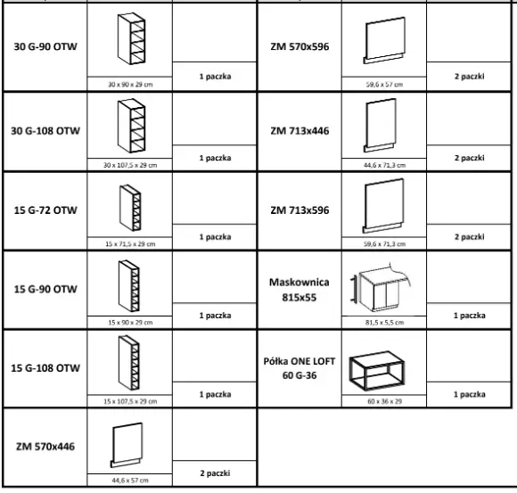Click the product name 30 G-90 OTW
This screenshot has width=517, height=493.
(x=45, y=46)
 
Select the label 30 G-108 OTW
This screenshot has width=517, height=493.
(x=45, y=131)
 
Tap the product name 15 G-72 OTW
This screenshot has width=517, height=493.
(x=45, y=210)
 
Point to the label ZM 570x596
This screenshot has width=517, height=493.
(x=300, y=46)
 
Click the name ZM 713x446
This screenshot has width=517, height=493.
(x=300, y=131)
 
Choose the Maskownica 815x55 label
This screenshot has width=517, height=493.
(x=300, y=290)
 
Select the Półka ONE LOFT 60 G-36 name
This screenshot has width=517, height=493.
(x=300, y=368)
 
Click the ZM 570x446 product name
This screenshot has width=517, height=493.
(x=45, y=447)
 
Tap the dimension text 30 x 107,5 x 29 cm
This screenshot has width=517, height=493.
(x=130, y=165)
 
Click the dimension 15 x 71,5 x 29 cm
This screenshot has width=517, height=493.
(x=130, y=244)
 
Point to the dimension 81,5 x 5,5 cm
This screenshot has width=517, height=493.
(x=384, y=322)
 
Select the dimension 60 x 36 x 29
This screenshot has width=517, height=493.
(x=384, y=401)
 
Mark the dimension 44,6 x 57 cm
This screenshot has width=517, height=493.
(x=130, y=481)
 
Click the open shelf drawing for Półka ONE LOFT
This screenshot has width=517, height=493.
(x=376, y=372)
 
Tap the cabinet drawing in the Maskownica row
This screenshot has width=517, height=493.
(x=381, y=287)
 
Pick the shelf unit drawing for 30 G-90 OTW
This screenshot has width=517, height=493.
(x=131, y=38)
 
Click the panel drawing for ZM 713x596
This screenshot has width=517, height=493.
(x=383, y=206)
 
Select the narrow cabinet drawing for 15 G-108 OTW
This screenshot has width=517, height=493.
(x=129, y=363)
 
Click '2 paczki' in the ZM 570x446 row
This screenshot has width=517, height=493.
(x=215, y=473)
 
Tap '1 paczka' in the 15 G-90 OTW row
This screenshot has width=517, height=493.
(x=215, y=316)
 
